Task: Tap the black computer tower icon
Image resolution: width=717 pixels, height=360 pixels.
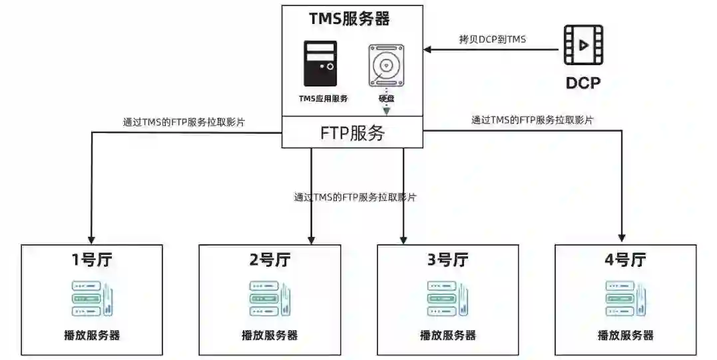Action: pos(320,64)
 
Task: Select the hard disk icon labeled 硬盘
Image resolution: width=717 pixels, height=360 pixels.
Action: pos(386,66)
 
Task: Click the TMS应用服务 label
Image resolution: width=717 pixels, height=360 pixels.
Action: pos(323,98)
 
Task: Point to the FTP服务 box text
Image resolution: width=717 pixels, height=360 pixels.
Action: pos(352,132)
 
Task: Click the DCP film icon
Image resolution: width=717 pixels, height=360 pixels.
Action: pos(583,45)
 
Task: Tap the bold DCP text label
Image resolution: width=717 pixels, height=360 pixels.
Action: pos(583,83)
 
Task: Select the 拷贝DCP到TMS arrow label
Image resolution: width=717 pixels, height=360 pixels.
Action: pos(493,39)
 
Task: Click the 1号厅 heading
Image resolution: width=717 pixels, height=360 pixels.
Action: pos(92,260)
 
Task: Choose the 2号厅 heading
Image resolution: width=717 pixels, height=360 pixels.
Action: pos(270,260)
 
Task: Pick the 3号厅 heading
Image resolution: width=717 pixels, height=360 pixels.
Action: pos(447,260)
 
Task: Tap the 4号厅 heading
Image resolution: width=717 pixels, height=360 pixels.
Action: pos(625,260)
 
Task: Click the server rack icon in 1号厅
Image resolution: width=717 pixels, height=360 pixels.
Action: pos(92,299)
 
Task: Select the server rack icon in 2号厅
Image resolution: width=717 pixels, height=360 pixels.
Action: pos(270,299)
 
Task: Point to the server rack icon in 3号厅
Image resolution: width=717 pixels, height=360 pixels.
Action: pos(447,299)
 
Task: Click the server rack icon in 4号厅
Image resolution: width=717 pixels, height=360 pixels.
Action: pos(625,299)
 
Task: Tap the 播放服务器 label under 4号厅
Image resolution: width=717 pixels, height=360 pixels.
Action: pos(625,335)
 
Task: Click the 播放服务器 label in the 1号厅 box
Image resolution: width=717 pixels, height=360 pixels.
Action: pos(92,335)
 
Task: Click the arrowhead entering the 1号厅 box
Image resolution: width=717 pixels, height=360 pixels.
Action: pos(92,239)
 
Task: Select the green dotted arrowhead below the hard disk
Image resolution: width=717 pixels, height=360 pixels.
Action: pos(386,111)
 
